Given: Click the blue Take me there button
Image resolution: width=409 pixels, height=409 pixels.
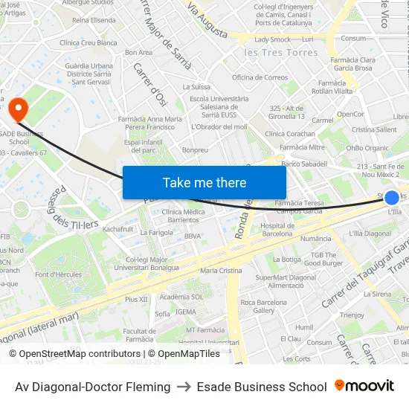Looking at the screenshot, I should point(204,182).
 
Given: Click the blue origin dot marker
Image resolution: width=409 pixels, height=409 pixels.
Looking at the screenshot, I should point(392,197).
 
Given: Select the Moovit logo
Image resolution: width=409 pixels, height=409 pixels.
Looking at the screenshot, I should point(364,386).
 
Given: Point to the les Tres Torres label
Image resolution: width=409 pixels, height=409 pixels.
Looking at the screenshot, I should point(280,53).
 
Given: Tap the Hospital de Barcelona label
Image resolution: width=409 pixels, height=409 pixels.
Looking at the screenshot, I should point(277,229).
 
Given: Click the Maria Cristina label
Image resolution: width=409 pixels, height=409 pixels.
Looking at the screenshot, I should point(221,271).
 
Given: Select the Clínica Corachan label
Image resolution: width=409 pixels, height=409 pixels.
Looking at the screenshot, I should point(290,134).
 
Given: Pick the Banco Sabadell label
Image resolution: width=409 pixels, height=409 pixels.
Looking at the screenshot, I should point(304,163).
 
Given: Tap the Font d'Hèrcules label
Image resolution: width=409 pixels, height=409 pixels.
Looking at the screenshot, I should point(58,274).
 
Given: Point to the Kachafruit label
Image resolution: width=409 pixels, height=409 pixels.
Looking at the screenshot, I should point(118,228).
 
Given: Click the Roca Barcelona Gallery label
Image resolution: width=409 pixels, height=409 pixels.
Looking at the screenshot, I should point(263,306).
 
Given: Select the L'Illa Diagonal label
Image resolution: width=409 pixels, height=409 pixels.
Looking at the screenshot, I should point(370,234).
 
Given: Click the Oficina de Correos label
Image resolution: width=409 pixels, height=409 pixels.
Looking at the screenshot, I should point(260,77).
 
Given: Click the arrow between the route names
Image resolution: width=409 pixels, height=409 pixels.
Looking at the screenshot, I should point(183,387).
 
